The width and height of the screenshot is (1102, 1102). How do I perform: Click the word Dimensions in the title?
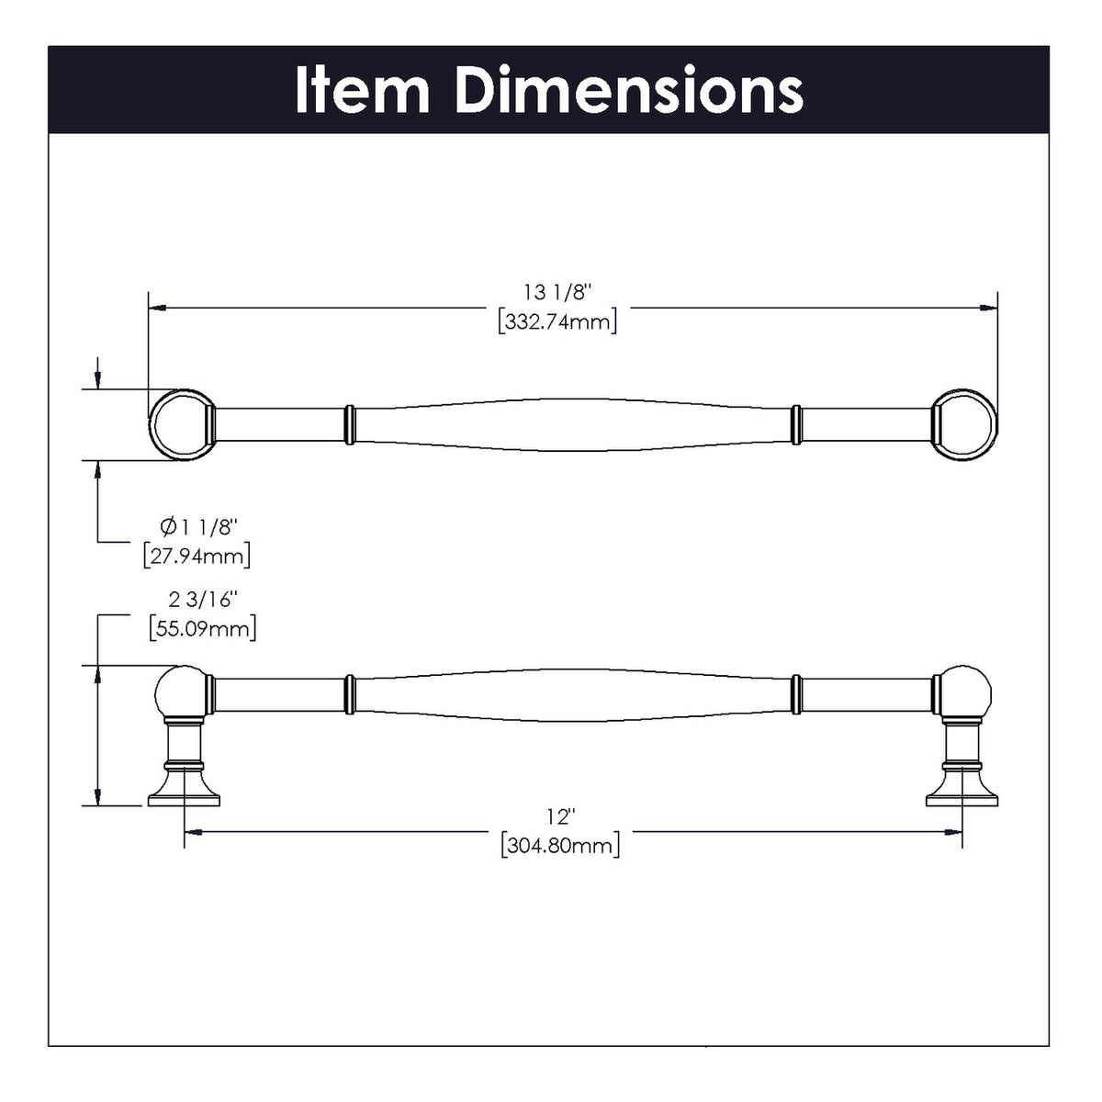tap(629, 90)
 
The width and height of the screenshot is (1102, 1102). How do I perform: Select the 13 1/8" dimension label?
tap(557, 293)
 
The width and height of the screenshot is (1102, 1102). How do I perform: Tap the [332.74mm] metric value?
tap(557, 322)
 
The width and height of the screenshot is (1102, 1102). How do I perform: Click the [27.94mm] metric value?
tap(197, 556)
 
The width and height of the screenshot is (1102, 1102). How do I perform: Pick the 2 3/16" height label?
tap(203, 600)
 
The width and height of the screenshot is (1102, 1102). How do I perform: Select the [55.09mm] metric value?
tap(202, 629)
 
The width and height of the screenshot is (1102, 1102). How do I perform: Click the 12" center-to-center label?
tap(559, 815)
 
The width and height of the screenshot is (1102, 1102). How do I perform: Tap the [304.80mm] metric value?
tap(560, 845)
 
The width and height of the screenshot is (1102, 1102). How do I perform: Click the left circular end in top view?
tap(181, 424)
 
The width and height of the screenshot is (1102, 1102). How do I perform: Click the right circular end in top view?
tap(965, 424)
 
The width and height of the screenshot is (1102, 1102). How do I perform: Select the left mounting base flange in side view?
tap(184, 795)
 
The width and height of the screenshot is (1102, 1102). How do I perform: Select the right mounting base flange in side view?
tap(961, 795)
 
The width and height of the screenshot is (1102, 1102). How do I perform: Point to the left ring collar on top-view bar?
tap(349, 424)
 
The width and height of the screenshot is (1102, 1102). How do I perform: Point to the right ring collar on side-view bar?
tap(796, 693)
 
